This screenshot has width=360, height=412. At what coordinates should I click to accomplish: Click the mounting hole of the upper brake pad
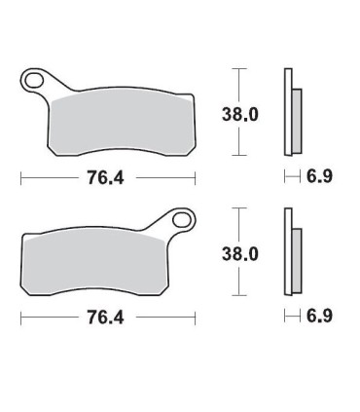(x=35, y=80)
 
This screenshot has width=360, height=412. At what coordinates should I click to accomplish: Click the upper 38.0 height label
(x=241, y=113)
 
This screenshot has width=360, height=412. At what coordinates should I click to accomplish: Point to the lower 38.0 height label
(x=241, y=254)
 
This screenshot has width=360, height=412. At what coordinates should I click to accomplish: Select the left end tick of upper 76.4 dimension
(x=20, y=178)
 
